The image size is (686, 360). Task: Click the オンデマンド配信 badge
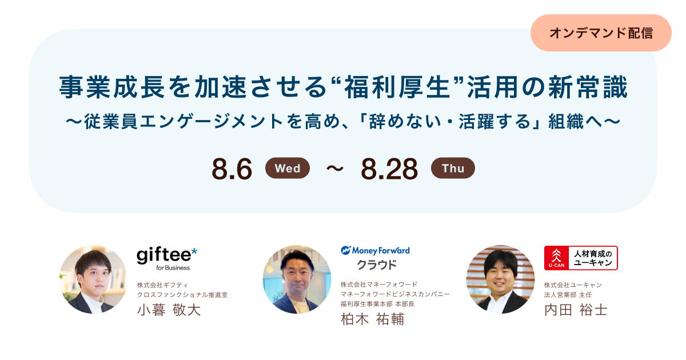click(x=601, y=33)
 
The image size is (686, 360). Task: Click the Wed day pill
click(x=288, y=169)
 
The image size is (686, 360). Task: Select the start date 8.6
click(x=232, y=169)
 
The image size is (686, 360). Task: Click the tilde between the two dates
click(x=335, y=169)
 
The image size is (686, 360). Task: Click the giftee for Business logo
click(x=166, y=258)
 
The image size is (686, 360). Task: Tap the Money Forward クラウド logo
click(x=376, y=257)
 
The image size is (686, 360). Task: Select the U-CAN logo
click(x=581, y=258)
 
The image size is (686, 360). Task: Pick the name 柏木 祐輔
click(x=372, y=319)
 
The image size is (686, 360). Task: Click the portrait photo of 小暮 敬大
click(x=93, y=279)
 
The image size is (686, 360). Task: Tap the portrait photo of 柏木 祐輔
click(x=297, y=279)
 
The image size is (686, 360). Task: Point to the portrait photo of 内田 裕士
click(x=500, y=279)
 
